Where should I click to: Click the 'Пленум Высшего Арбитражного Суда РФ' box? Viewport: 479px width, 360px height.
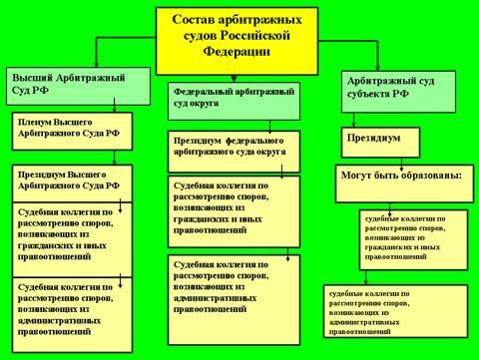point(68,131)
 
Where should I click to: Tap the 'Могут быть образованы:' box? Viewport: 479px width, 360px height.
point(403,177)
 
